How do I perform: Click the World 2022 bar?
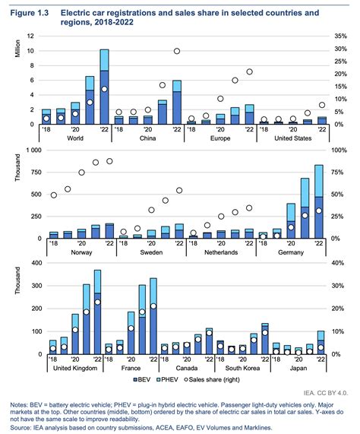(x=104, y=87)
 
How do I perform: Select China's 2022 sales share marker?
(x=177, y=51)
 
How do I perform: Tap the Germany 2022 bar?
(x=319, y=201)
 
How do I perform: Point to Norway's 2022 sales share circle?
(x=109, y=161)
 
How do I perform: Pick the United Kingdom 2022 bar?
(x=97, y=312)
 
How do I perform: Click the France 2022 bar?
(x=153, y=316)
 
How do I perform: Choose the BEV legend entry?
(x=142, y=379)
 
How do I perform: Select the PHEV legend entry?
(x=167, y=379)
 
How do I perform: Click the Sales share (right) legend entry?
(x=212, y=379)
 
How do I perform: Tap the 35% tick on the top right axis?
(x=340, y=36)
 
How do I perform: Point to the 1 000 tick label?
(x=33, y=150)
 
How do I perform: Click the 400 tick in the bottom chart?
(x=37, y=263)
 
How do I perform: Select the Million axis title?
(x=17, y=49)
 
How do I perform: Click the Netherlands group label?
(x=221, y=252)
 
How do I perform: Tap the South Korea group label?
(x=242, y=368)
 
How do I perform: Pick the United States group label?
(x=293, y=138)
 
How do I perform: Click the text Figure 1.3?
(x=30, y=13)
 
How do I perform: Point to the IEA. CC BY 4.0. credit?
(x=325, y=393)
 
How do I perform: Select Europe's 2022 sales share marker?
(x=249, y=71)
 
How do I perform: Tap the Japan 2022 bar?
(x=321, y=342)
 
